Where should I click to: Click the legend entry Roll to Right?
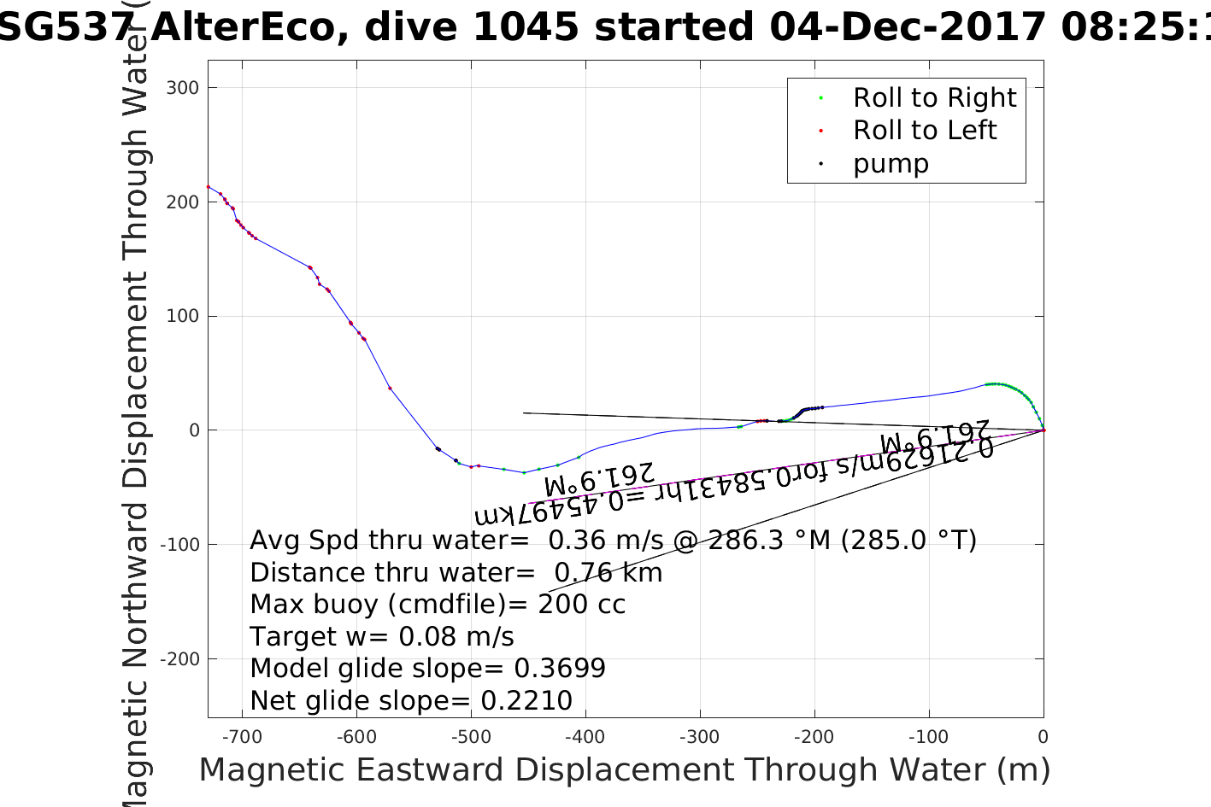(x=934, y=98)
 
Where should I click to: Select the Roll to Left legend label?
(x=924, y=131)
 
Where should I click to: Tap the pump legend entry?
(x=891, y=164)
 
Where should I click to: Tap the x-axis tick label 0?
(x=1043, y=737)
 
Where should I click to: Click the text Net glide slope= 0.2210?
(x=411, y=701)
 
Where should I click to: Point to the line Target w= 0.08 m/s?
(x=382, y=637)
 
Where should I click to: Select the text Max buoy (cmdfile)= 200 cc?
(x=438, y=605)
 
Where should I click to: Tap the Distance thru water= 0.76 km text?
(x=456, y=573)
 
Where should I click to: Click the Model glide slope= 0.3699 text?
(x=427, y=669)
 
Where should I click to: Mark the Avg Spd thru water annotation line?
(x=613, y=541)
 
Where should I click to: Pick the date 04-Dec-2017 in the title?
(x=908, y=27)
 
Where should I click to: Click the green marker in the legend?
(x=820, y=98)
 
